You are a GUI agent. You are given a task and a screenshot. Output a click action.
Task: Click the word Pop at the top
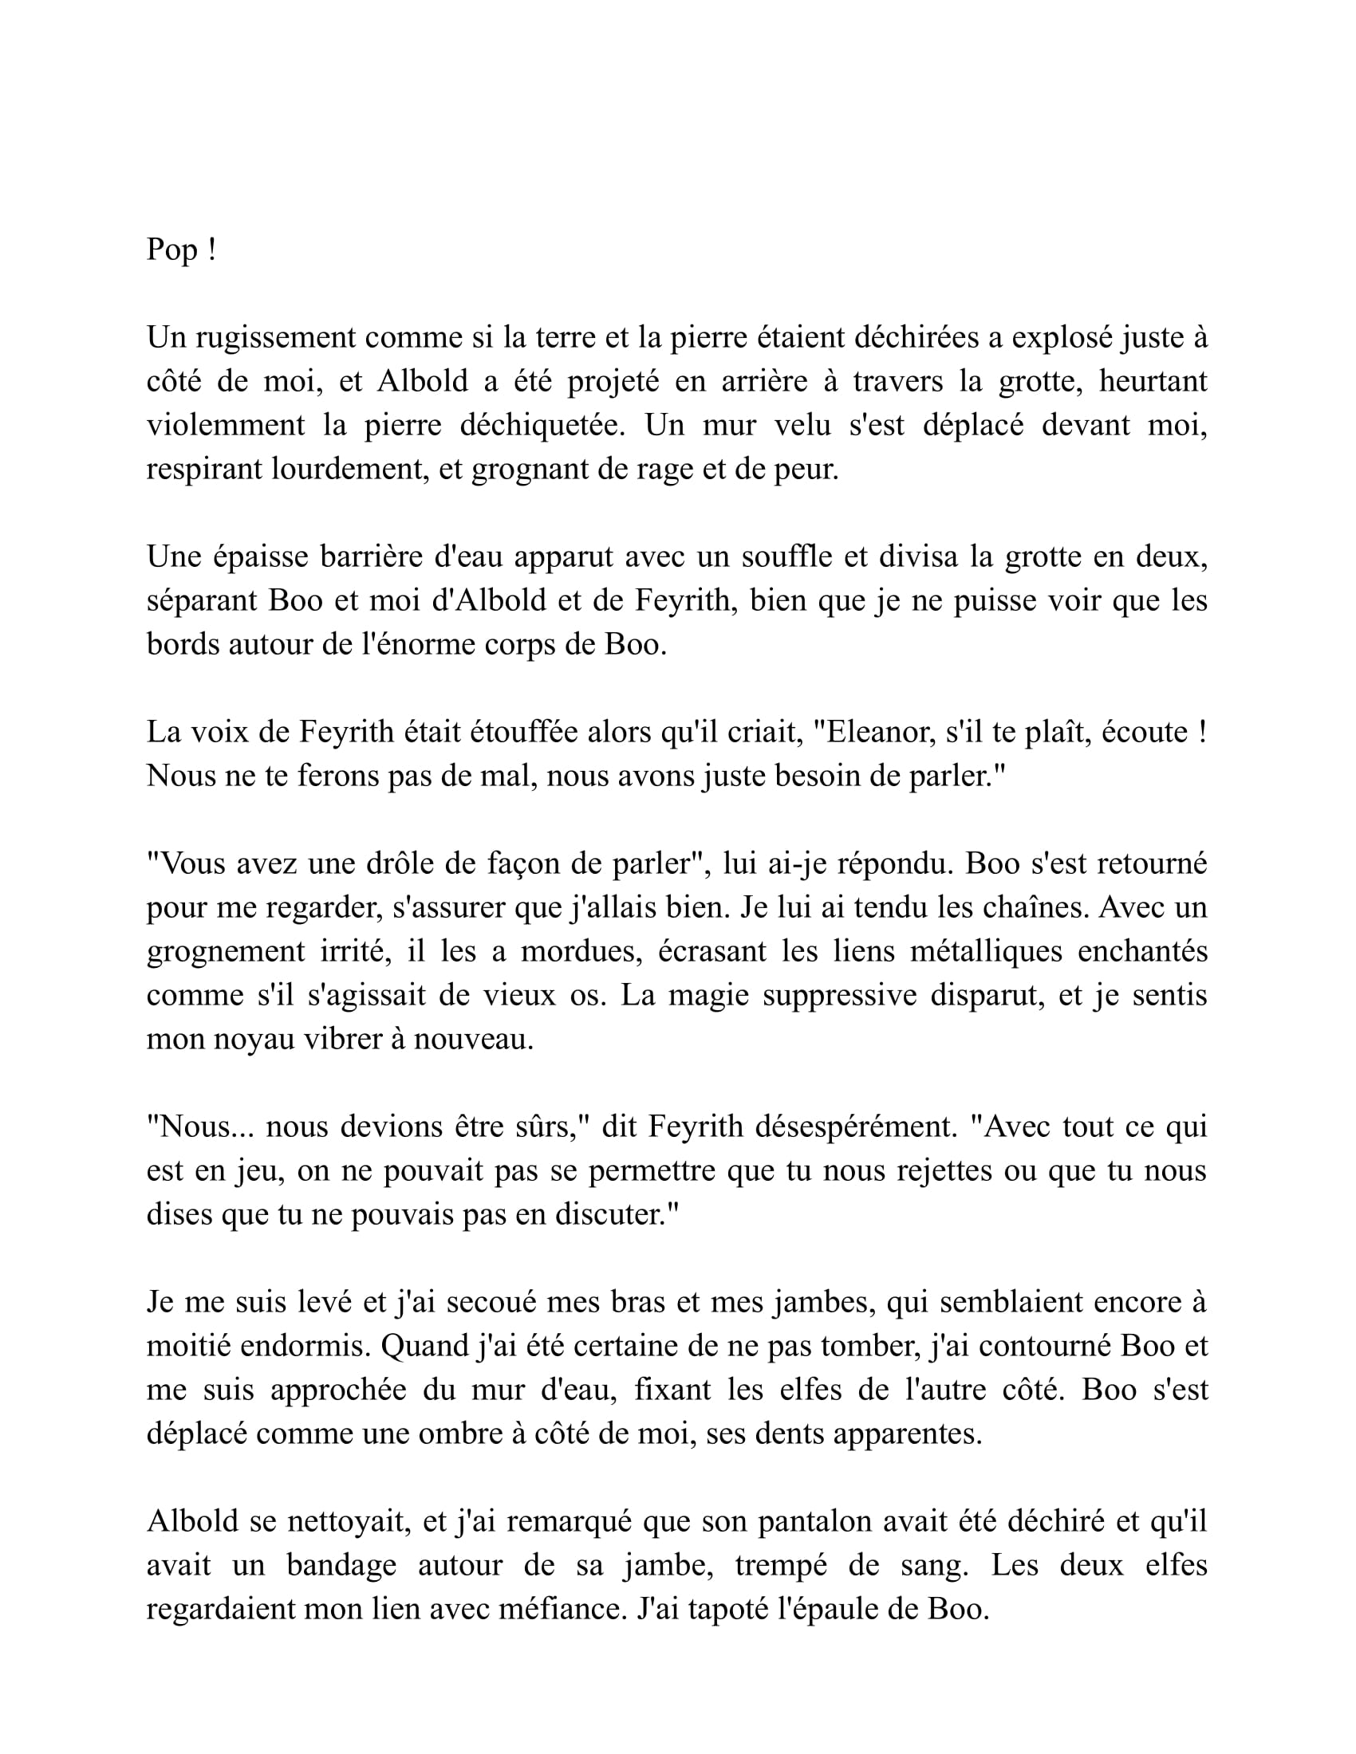pyautogui.click(x=172, y=250)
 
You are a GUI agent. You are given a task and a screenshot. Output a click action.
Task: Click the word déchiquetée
pyautogui.click(x=542, y=425)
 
